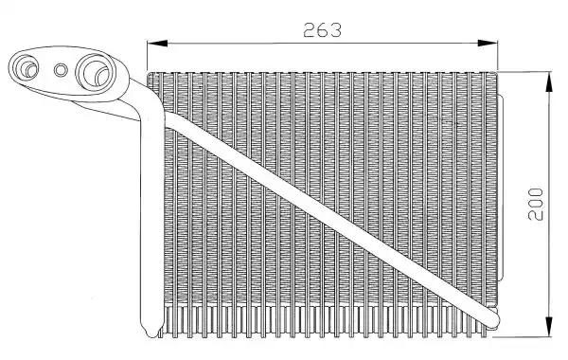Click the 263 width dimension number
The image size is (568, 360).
[x=322, y=30]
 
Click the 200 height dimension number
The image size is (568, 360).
[x=536, y=204]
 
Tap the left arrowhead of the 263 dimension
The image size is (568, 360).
[x=157, y=44]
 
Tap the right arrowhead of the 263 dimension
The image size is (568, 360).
[x=488, y=44]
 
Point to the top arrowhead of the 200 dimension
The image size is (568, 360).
[x=549, y=81]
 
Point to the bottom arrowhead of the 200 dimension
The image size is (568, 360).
[x=549, y=327]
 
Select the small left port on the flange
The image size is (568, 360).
[x=26, y=68]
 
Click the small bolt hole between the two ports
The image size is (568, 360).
[x=61, y=70]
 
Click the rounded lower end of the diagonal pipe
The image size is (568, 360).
[x=489, y=319]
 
